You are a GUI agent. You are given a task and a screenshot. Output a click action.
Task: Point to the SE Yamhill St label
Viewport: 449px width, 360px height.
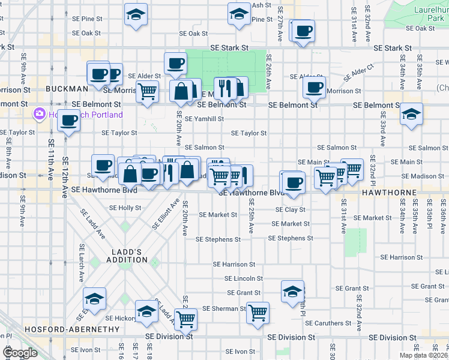pyautogui.click(x=204, y=119)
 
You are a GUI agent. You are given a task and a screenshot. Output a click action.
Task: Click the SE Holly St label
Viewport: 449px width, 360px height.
pyautogui.click(x=124, y=208)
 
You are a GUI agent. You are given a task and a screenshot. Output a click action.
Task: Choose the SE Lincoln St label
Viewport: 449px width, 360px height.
pyautogui.click(x=243, y=278)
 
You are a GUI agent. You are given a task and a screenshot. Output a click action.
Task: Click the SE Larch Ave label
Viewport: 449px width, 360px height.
pyautogui.click(x=82, y=263)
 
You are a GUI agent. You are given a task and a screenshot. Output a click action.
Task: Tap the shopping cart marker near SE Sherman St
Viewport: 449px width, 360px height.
pyautogui.click(x=258, y=312)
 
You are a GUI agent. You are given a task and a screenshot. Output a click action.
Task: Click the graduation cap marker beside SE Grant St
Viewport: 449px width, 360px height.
pyautogui.click(x=292, y=291)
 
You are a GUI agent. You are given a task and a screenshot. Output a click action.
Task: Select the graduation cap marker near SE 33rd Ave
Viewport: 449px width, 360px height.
pyautogui.click(x=411, y=114)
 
